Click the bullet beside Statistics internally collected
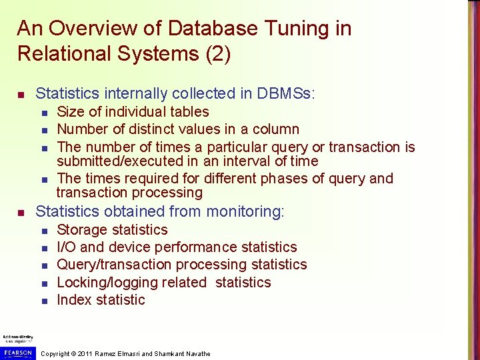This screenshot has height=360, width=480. point(21,94)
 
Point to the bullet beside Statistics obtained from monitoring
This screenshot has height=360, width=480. point(21,213)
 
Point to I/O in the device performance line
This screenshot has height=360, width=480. point(67,247)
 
